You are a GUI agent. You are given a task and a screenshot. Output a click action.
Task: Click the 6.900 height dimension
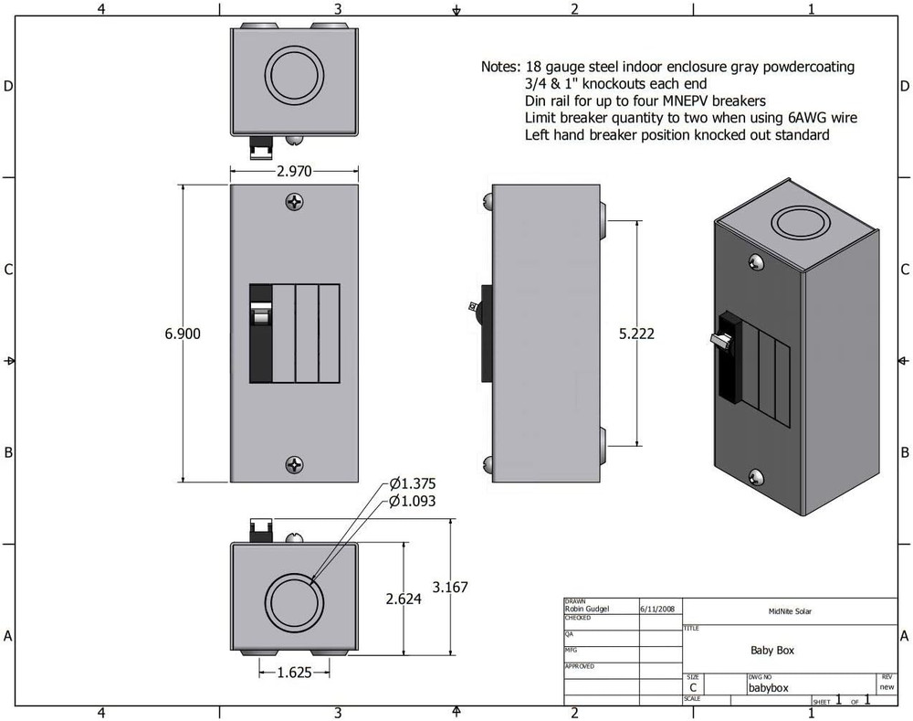point(183,334)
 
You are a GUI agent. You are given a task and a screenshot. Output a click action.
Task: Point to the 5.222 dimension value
point(636,334)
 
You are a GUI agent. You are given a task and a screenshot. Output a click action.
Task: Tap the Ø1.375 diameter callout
point(413,483)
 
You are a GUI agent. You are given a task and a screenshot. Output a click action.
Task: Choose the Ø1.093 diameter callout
point(413,501)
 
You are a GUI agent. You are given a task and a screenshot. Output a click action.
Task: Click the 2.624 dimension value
point(404,599)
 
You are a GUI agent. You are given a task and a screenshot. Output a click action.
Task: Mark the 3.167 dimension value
point(449,588)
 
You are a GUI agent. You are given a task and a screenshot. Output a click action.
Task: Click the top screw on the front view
point(294,201)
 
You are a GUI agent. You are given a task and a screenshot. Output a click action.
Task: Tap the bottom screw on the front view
point(294,465)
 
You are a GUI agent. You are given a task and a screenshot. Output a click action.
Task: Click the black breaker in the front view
point(261,334)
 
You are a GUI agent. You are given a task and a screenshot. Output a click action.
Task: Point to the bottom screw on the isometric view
point(756,477)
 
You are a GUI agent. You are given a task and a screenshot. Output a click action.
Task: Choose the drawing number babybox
point(767,687)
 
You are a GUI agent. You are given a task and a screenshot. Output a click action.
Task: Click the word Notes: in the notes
point(501,68)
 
